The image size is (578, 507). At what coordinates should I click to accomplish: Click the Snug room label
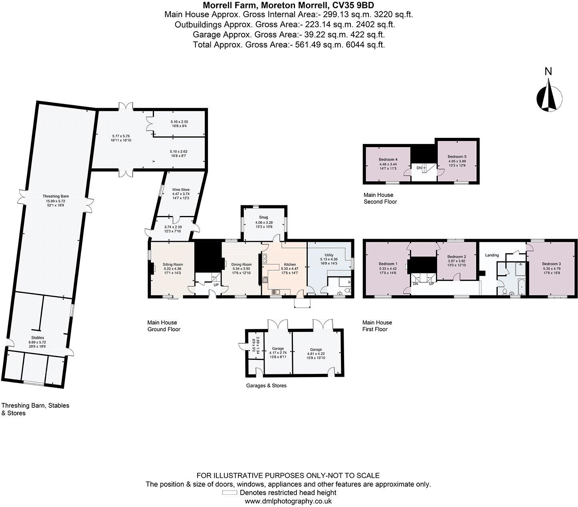(263, 217)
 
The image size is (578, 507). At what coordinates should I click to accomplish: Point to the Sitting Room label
(172, 264)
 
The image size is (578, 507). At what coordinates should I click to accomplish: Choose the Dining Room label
(242, 264)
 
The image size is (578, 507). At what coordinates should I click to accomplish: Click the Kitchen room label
(290, 264)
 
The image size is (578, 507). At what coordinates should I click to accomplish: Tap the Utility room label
(329, 255)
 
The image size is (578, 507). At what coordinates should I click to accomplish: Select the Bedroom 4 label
(388, 159)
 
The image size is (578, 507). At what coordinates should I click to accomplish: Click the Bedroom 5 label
(457, 156)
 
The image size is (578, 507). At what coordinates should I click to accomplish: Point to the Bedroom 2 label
(457, 257)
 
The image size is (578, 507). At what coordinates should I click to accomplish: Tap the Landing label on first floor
(492, 255)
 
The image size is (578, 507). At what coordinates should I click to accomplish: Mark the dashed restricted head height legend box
(230, 493)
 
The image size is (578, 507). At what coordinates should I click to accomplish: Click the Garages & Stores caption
(266, 385)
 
